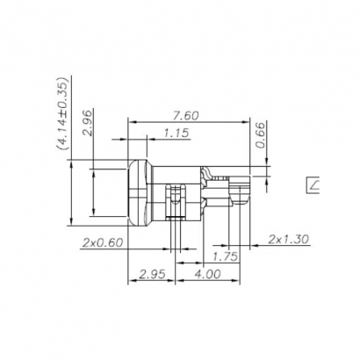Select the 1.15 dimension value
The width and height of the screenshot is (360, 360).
coord(177,133)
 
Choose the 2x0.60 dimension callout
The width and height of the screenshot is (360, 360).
coord(103,241)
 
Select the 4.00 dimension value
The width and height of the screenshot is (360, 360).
coord(207,275)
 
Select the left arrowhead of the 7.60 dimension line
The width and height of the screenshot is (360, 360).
coord(132,123)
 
